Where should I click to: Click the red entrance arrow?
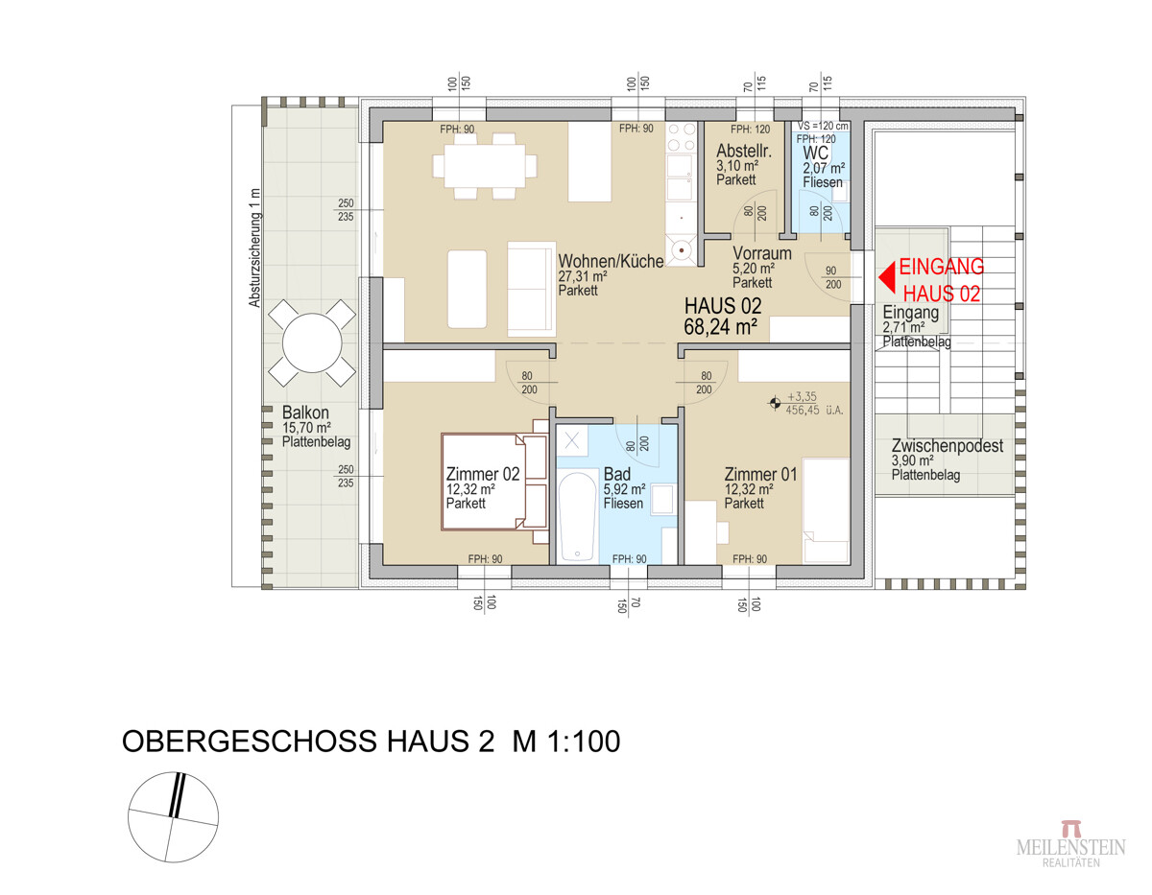[888, 278]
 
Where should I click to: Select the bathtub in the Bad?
[577, 515]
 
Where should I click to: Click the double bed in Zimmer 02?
[483, 481]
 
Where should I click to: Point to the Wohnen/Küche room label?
[611, 260]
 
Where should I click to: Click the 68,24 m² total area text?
[721, 327]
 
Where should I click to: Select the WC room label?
[815, 153]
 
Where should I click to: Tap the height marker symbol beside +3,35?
[774, 405]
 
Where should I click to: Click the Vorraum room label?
[760, 254]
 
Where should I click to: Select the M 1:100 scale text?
[564, 742]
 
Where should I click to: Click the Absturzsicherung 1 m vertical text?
[254, 247]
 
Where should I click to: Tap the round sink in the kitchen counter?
[683, 249]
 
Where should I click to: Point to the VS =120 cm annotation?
[824, 126]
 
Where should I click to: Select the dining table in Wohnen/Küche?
[485, 166]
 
